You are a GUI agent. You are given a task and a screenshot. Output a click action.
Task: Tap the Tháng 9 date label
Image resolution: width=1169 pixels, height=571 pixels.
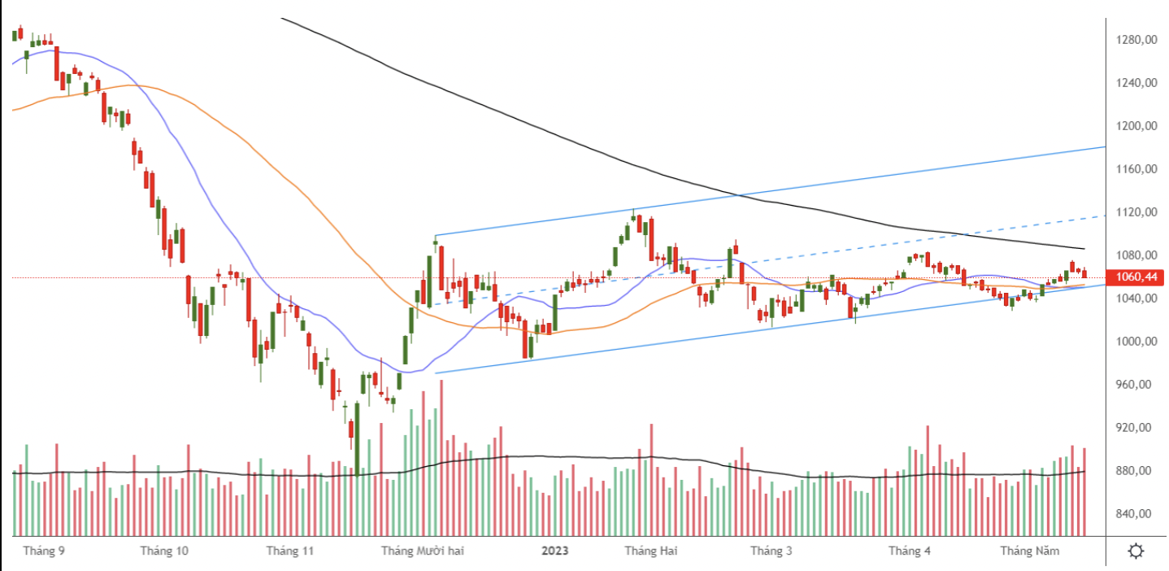pos(44,551)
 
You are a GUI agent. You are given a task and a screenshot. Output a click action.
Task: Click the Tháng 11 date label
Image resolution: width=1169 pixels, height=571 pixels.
pos(289,551)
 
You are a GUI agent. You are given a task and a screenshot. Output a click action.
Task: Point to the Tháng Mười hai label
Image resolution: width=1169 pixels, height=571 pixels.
pos(422,551)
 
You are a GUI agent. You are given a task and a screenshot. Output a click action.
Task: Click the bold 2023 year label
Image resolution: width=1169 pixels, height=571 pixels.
pos(555,551)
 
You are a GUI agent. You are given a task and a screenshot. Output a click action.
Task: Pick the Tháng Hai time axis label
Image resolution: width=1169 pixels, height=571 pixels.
pos(650,551)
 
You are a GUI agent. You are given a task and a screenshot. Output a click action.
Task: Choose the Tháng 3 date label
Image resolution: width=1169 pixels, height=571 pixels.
pos(771,551)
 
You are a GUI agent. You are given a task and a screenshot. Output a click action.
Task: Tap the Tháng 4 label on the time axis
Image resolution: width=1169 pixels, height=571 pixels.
pos(910,551)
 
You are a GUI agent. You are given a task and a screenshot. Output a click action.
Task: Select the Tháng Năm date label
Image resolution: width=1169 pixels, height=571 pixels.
pos(1029,551)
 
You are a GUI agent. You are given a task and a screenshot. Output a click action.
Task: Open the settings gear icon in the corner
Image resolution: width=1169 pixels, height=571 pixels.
pos(1136,551)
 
